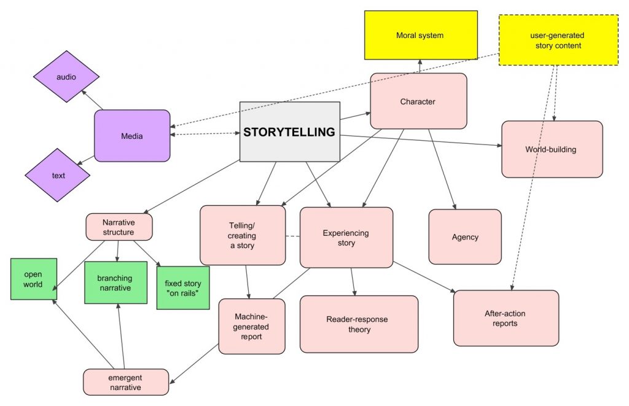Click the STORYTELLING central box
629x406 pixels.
click(x=289, y=132)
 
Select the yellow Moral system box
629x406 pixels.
click(x=420, y=35)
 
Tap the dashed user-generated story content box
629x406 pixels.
click(x=558, y=40)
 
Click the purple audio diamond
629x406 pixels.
click(x=66, y=77)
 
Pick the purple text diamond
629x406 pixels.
click(x=58, y=175)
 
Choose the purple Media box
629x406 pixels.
click(x=131, y=136)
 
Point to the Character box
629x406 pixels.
click(x=418, y=101)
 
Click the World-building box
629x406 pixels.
click(x=551, y=149)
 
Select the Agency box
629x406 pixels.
click(x=464, y=236)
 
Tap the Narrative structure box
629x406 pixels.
click(x=119, y=226)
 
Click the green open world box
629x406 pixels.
click(x=34, y=279)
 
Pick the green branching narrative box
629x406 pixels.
click(x=115, y=283)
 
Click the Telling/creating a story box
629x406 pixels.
click(x=242, y=236)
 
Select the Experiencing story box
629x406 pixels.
click(x=346, y=238)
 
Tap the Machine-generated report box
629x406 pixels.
click(x=251, y=326)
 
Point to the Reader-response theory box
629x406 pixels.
click(x=359, y=324)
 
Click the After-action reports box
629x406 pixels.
click(x=506, y=318)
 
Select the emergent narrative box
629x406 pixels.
click(x=125, y=381)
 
